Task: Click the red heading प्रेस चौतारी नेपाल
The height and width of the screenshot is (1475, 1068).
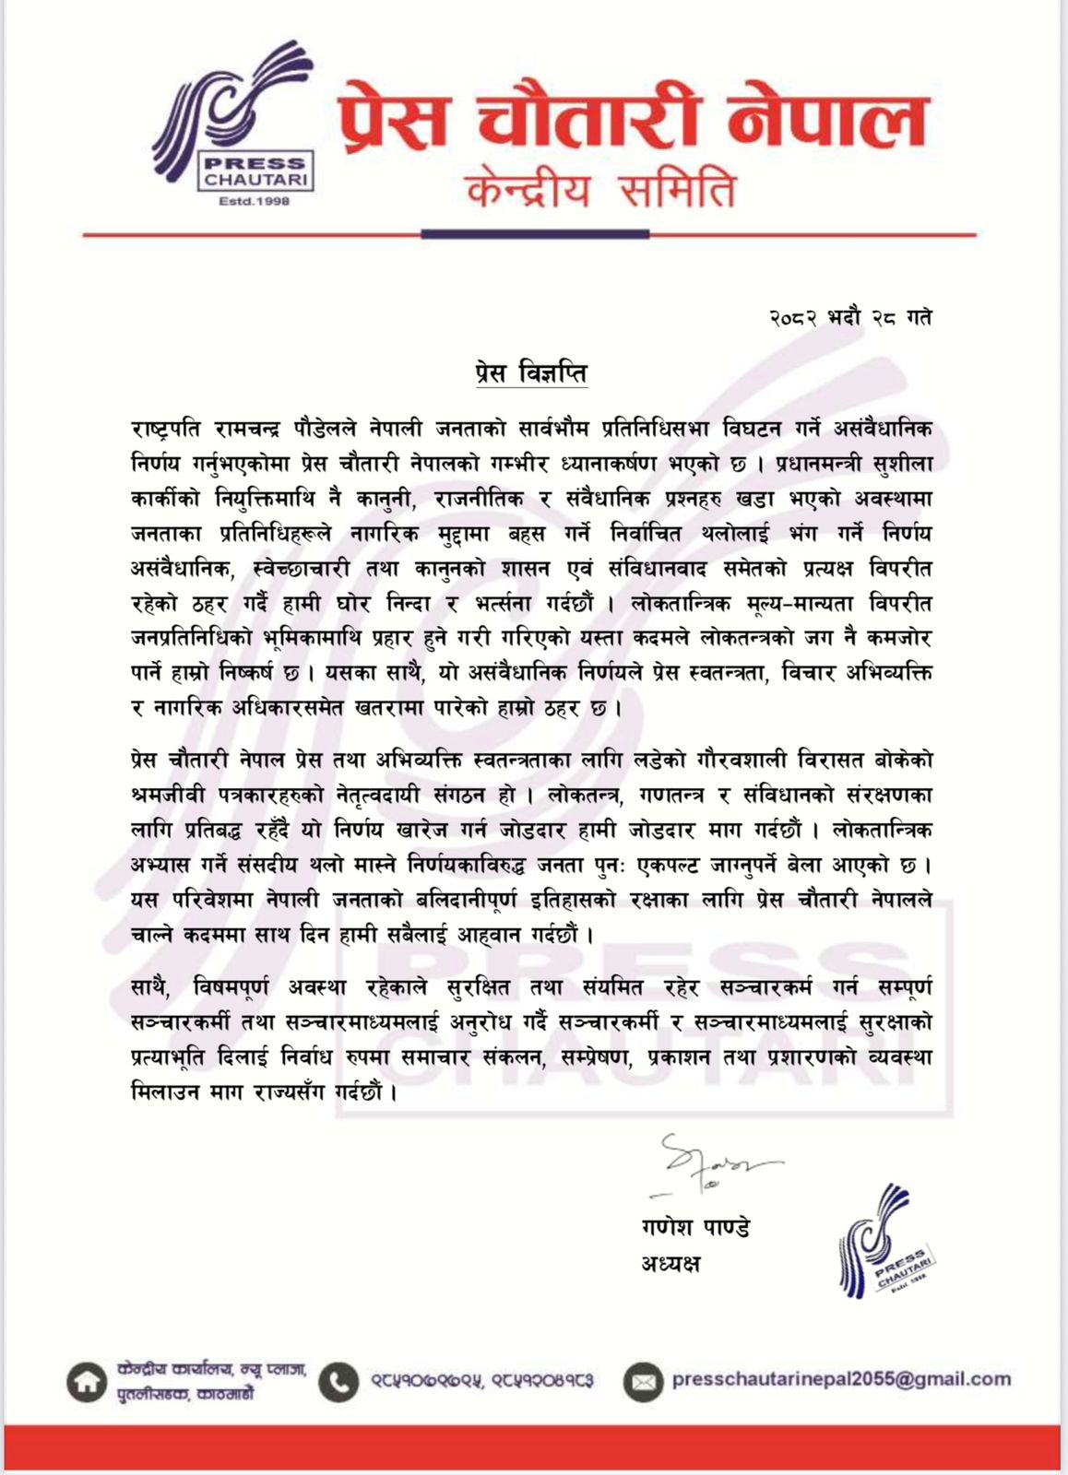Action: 631,118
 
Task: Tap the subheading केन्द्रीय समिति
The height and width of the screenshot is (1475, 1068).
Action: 601,191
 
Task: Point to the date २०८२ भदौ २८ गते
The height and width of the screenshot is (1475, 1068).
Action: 850,318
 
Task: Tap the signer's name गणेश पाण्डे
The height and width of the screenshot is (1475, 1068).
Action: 695,1228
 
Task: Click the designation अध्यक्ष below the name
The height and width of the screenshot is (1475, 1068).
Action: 670,1264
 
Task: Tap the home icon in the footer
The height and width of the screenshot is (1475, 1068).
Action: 87,1382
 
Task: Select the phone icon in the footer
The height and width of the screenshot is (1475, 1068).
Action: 339,1381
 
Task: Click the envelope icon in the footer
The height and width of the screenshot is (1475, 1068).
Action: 642,1381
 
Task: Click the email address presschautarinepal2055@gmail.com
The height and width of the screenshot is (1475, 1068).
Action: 841,1379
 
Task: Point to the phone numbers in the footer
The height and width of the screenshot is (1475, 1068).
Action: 481,1381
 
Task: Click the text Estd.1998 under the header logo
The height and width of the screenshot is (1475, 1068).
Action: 254,201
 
